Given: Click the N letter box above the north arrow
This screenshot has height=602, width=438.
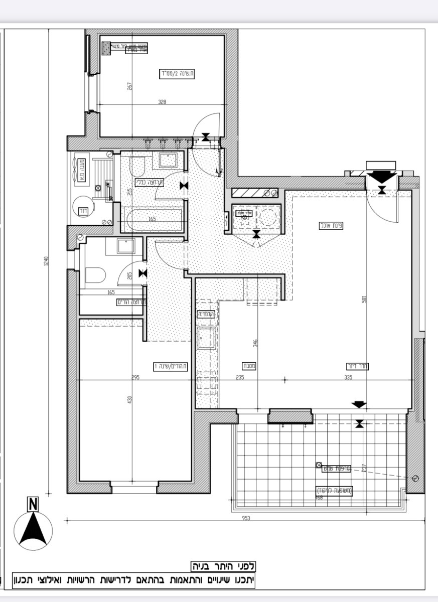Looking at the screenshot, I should pyautogui.click(x=33, y=504).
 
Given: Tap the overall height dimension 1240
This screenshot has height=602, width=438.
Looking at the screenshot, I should pyautogui.click(x=46, y=261).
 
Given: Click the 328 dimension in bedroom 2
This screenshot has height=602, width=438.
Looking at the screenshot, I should pyautogui.click(x=162, y=102).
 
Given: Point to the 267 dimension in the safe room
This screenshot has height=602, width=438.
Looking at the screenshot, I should pyautogui.click(x=129, y=86).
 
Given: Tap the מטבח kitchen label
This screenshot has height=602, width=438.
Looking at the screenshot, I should pyautogui.click(x=249, y=366).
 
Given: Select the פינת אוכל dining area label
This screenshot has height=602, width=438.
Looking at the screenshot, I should pyautogui.click(x=331, y=225).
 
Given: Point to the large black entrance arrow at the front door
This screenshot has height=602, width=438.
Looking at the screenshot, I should pyautogui.click(x=382, y=177).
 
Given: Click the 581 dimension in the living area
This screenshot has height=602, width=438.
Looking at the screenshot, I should pyautogui.click(x=365, y=299).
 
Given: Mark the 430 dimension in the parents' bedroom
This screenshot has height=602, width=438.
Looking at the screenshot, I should pyautogui.click(x=129, y=400).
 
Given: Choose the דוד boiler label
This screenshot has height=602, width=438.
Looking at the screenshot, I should pyautogui.click(x=83, y=211).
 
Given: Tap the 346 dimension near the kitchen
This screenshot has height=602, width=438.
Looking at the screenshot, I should pyautogui.click(x=255, y=343).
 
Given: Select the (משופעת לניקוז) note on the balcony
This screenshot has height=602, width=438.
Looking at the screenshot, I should pyautogui.click(x=335, y=490).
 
